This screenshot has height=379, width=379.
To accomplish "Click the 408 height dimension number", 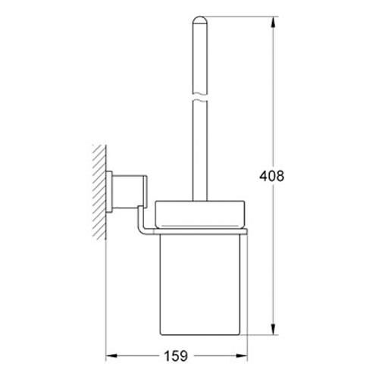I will (x=271, y=176).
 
